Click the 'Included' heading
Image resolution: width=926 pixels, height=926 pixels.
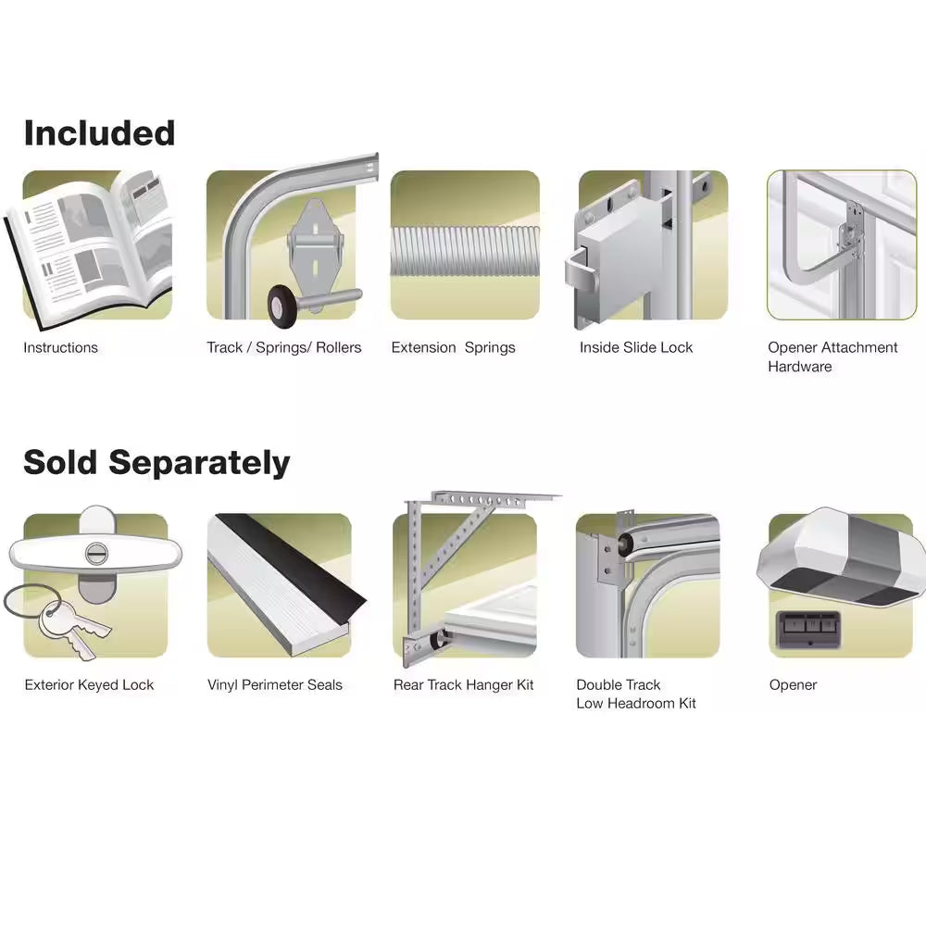(99, 133)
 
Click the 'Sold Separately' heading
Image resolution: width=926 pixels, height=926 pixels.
(156, 462)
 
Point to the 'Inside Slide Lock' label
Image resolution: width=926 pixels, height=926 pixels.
(636, 348)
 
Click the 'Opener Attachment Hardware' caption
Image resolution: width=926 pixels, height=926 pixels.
(832, 357)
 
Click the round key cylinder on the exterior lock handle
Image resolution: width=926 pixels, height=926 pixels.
(96, 553)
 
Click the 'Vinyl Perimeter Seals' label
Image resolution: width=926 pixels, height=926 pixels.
(275, 685)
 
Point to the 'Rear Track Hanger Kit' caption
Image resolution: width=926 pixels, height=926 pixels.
(464, 685)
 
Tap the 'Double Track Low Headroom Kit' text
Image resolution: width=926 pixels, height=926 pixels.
(635, 694)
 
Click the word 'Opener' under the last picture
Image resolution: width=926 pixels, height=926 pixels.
(793, 685)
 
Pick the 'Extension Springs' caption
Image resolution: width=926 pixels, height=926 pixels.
(453, 348)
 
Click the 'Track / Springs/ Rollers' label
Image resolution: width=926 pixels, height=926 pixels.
(283, 348)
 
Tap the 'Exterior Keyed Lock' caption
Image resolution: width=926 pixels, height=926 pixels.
(89, 685)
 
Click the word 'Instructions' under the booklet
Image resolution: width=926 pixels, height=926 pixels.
(60, 348)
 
